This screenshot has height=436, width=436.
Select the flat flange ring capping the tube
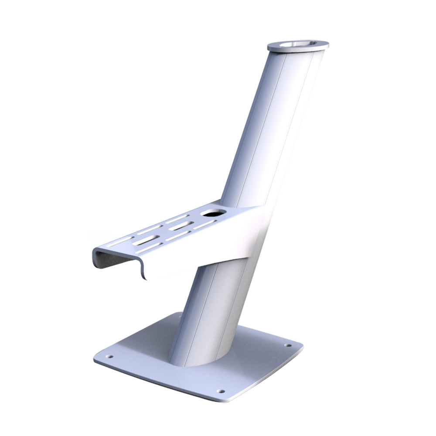coord(320,44)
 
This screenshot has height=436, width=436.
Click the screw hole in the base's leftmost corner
coord(109,356)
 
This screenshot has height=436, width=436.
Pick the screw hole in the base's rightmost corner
coord(288,345)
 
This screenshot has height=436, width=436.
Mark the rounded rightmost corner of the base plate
coord(300,349)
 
